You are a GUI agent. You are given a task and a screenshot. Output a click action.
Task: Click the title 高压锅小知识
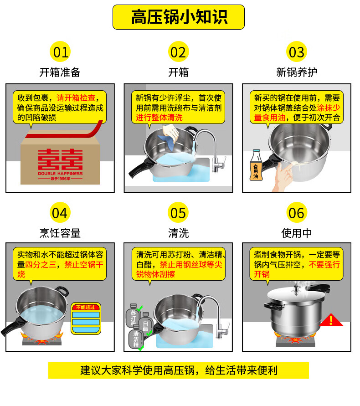tap(179, 17)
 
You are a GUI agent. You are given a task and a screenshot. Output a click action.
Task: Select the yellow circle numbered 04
tap(60, 213)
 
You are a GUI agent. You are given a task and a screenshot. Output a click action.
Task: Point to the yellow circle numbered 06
tap(296, 213)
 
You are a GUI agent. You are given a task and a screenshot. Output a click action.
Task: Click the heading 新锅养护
tap(297, 72)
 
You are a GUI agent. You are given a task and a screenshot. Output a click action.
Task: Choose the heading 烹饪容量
tap(60, 233)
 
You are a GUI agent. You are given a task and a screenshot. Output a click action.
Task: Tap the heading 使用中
tap(297, 233)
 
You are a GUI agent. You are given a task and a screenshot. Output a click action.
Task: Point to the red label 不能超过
tap(85, 307)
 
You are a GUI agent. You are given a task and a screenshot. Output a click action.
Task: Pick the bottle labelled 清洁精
tap(136, 338)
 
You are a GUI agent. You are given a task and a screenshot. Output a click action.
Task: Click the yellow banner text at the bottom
tap(179, 370)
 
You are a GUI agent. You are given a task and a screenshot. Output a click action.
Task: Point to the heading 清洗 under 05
tap(178, 233)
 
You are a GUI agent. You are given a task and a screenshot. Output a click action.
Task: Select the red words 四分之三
tap(42, 265)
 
